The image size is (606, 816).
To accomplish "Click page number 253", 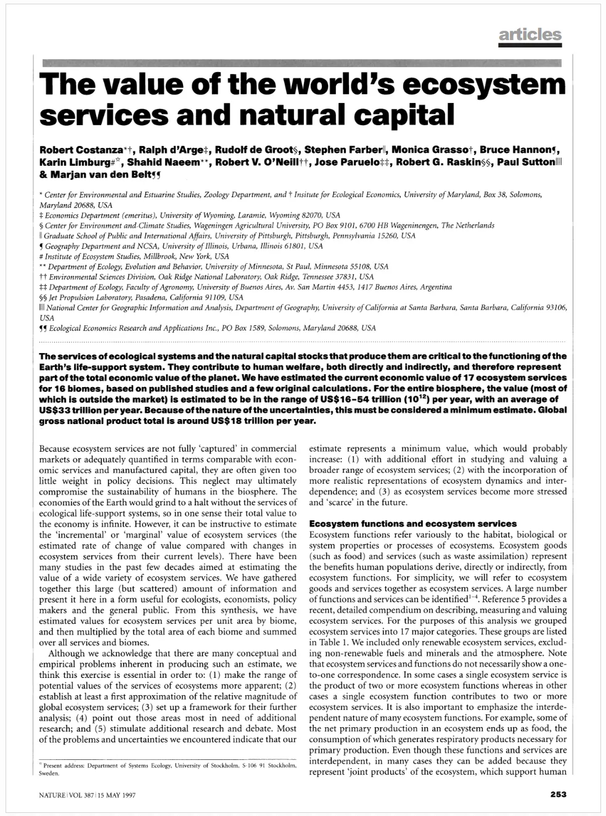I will [x=558, y=794].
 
